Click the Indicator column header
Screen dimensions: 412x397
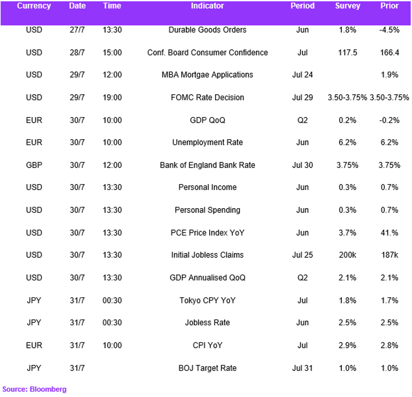point(207,6)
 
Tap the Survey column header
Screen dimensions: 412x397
point(347,6)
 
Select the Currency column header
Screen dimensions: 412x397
point(34,6)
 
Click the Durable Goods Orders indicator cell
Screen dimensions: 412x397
point(207,30)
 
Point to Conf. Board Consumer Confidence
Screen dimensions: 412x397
point(207,52)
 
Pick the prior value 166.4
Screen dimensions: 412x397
point(390,52)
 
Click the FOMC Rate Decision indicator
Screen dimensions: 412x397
point(207,97)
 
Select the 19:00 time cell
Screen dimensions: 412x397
point(112,97)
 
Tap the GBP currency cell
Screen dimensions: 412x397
point(34,165)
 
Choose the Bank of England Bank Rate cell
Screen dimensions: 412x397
point(207,165)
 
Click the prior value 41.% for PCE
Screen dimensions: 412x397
point(390,233)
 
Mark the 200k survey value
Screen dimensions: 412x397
point(347,255)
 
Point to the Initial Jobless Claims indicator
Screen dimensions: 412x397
point(207,255)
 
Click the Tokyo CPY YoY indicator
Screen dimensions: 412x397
point(207,300)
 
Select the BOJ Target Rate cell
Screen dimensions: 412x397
point(207,368)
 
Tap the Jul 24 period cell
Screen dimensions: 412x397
point(302,75)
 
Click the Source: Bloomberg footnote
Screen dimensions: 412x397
point(34,389)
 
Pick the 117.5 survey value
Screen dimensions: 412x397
point(347,52)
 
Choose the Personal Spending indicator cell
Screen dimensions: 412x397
point(207,210)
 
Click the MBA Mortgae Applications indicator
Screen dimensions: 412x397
point(207,75)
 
